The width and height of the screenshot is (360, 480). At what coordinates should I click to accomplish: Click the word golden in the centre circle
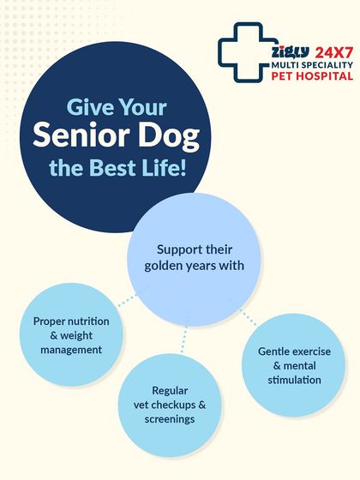166,266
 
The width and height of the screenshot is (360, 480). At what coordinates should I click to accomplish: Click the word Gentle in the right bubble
278,351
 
